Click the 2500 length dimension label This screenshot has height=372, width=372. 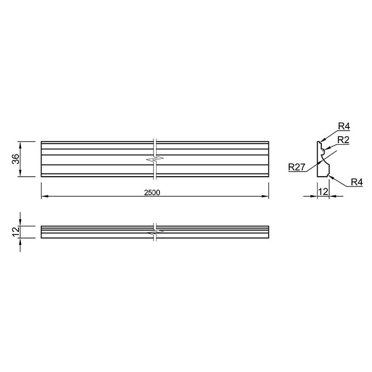[152, 193]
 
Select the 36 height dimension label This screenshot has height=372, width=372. [16, 159]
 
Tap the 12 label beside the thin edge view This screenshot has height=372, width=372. [16, 232]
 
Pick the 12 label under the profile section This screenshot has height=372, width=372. [323, 192]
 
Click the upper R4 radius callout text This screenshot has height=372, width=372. [344, 126]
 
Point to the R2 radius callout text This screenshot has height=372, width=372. [343, 140]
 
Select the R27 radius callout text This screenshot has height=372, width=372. [297, 167]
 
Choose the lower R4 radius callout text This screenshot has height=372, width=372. [357, 182]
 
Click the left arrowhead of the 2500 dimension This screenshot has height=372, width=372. [45, 196]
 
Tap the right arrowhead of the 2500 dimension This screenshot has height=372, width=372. [265, 196]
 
